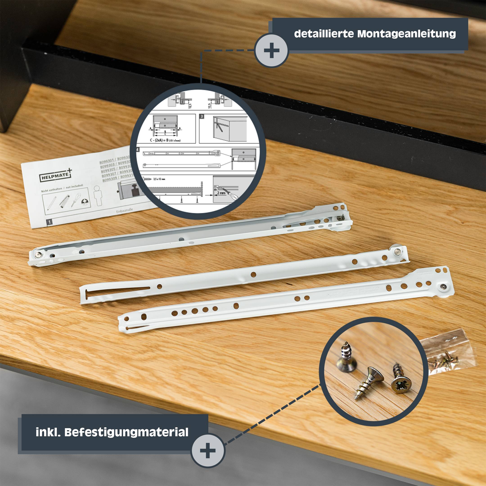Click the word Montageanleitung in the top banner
coord(406,34)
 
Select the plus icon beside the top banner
coord(271,50)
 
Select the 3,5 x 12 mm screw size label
coord(159,179)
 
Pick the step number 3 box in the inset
coord(202,117)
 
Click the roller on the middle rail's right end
coord(397,252)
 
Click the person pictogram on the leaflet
coord(97,193)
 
